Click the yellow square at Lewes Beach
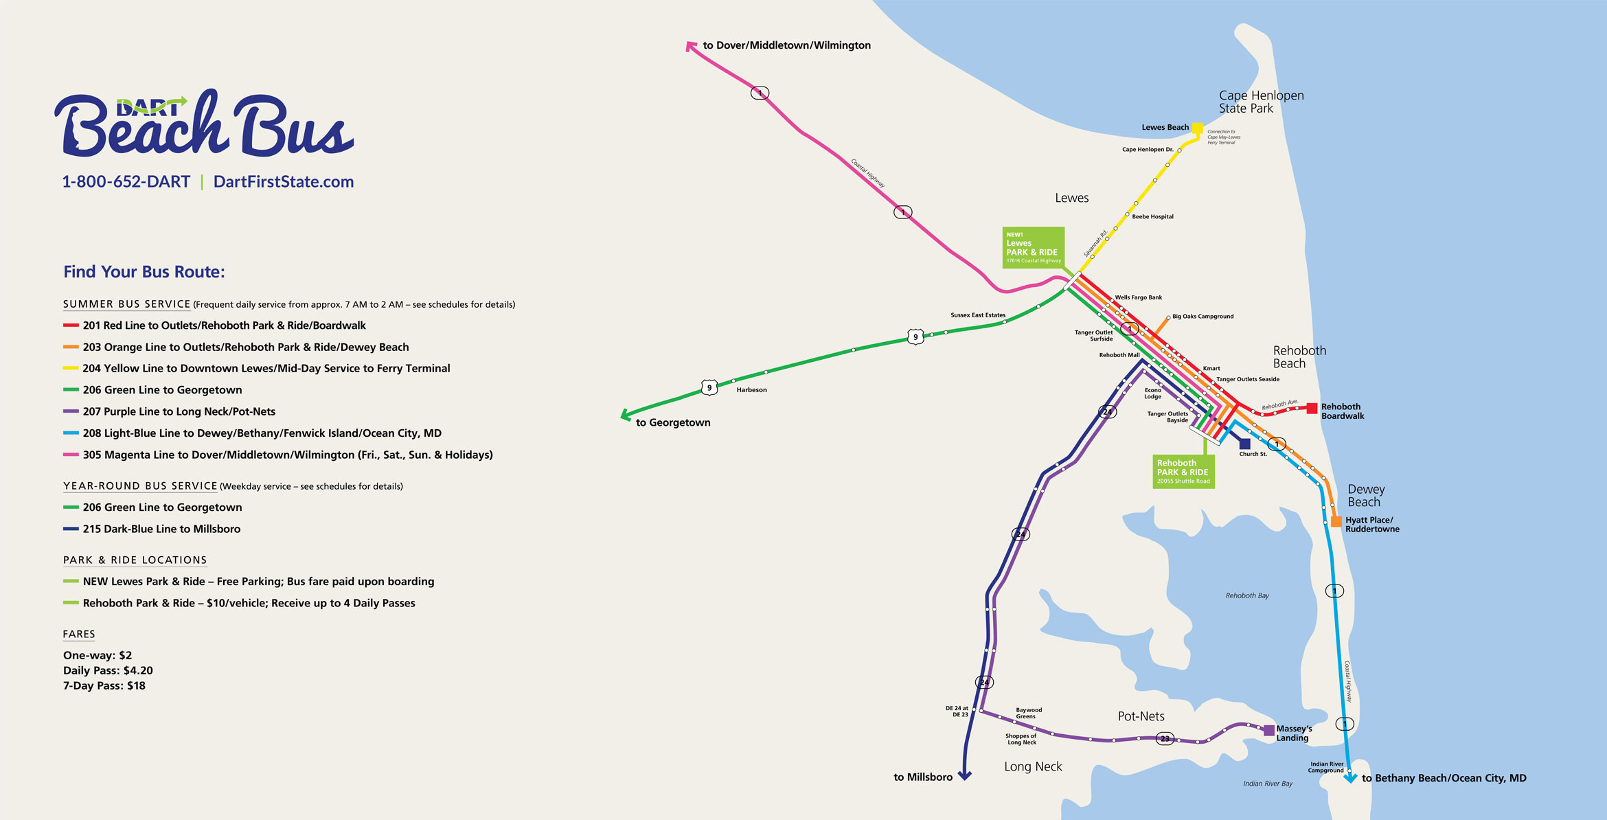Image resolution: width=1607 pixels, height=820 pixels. [1197, 128]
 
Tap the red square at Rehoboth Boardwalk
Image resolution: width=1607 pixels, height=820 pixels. [1312, 408]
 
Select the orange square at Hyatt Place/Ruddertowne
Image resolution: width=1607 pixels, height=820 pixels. [1336, 521]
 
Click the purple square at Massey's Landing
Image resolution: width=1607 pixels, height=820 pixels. [1269, 731]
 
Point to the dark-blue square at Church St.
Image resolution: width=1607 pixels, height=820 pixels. [1244, 444]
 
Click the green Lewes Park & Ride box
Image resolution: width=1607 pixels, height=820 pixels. [1034, 247]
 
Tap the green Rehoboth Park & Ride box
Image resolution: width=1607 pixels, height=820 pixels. [1183, 472]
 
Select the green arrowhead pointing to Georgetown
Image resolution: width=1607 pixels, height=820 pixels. [626, 415]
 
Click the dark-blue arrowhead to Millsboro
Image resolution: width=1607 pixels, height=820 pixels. [964, 776]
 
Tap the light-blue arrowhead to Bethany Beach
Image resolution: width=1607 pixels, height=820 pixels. [1350, 778]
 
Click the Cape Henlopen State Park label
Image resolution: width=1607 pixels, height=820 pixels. [1261, 102]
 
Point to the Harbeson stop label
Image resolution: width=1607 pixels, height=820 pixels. [751, 390]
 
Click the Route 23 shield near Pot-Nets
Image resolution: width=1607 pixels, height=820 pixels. [1165, 739]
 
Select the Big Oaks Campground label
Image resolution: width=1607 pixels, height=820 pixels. [1203, 317]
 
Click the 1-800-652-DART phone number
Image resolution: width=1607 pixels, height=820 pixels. [126, 182]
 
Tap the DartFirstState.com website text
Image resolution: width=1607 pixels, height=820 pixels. [283, 182]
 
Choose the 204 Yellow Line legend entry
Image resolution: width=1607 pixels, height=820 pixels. [266, 368]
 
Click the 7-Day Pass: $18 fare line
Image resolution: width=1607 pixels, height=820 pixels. [104, 685]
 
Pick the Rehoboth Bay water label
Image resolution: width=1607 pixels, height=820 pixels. [1247, 595]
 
